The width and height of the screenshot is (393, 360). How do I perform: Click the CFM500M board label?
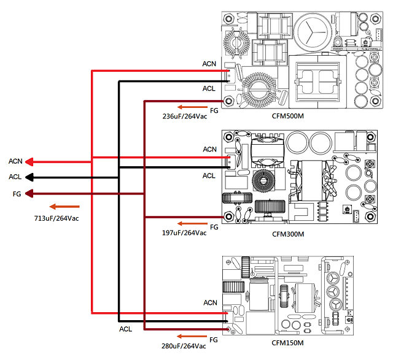coord(289,115)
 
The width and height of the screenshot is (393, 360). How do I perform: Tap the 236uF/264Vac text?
coord(184,115)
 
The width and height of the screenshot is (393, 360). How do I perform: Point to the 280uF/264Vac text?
coord(183,346)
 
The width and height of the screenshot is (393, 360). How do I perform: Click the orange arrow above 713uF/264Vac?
coord(64,207)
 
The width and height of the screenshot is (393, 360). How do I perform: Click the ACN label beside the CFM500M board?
coord(209,64)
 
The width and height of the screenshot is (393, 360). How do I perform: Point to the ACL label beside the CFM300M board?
coord(209,175)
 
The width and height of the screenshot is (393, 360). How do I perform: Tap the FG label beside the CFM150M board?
coord(214,339)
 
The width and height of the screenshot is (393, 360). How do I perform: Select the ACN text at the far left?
coord(15,161)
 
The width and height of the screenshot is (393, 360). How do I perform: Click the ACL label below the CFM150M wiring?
coord(126,329)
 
